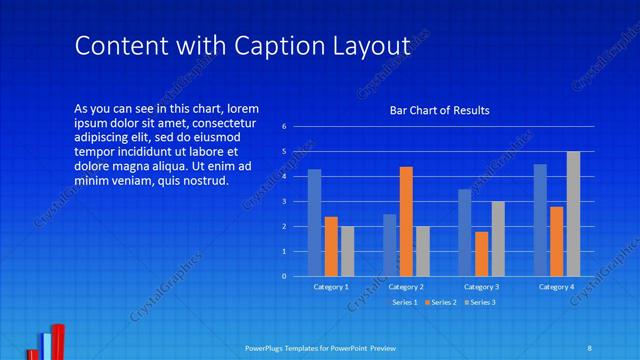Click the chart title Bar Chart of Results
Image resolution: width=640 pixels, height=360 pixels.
tap(439, 110)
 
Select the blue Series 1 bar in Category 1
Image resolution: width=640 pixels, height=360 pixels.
tap(314, 222)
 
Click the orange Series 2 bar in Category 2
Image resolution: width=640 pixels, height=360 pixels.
tap(406, 221)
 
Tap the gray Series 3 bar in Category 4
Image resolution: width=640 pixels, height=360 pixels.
tap(573, 213)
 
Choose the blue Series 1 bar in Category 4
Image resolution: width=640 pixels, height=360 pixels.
tap(540, 220)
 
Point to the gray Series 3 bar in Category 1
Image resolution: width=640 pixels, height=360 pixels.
tap(347, 250)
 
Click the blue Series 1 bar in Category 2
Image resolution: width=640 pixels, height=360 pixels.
tap(389, 244)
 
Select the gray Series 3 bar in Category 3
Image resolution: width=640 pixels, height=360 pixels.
tap(498, 238)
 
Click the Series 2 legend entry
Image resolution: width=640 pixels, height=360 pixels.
tap(439, 302)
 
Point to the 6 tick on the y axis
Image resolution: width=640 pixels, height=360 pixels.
tap(285, 127)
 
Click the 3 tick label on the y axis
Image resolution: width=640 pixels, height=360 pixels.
tap(285, 201)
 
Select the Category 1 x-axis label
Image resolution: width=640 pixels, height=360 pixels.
tap(331, 287)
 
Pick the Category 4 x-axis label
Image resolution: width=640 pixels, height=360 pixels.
tap(556, 287)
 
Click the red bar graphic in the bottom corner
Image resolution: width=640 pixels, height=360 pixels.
tap(58, 341)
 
